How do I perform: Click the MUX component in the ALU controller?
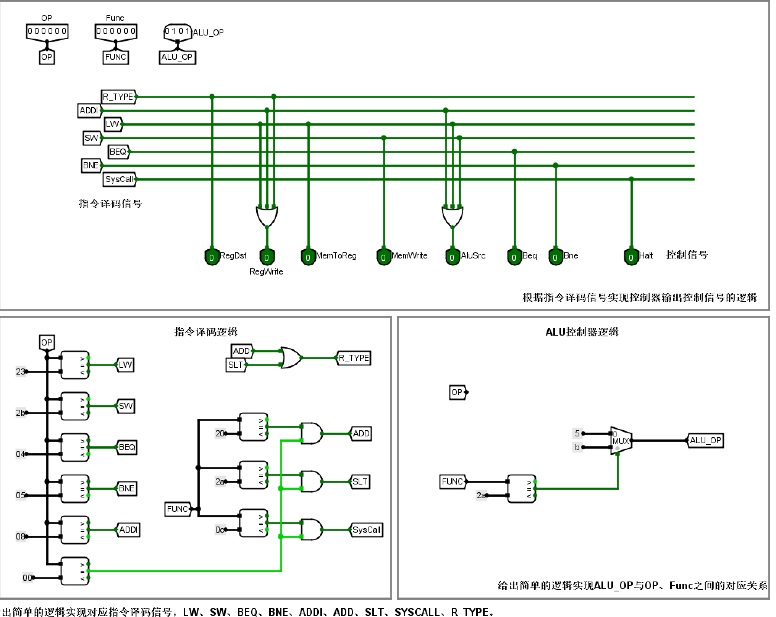point(621,441)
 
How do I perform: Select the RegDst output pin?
point(212,257)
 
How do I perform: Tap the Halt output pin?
point(631,257)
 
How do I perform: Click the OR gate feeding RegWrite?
point(267,216)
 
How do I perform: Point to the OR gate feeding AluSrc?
point(453,216)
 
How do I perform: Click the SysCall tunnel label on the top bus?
point(119,179)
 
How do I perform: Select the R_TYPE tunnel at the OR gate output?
point(354,358)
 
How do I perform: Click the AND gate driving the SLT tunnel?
point(311,481)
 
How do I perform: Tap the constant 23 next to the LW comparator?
point(20,371)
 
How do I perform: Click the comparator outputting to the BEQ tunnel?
point(75,447)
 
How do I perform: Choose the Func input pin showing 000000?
point(116,31)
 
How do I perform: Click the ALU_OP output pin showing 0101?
point(177,31)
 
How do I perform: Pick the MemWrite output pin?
point(383,257)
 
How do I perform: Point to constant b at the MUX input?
point(577,447)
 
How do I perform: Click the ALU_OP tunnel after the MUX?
point(705,441)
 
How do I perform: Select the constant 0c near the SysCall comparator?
point(219,530)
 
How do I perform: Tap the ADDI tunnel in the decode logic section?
point(128,530)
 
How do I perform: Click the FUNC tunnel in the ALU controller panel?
point(453,482)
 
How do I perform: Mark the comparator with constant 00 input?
point(75,571)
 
